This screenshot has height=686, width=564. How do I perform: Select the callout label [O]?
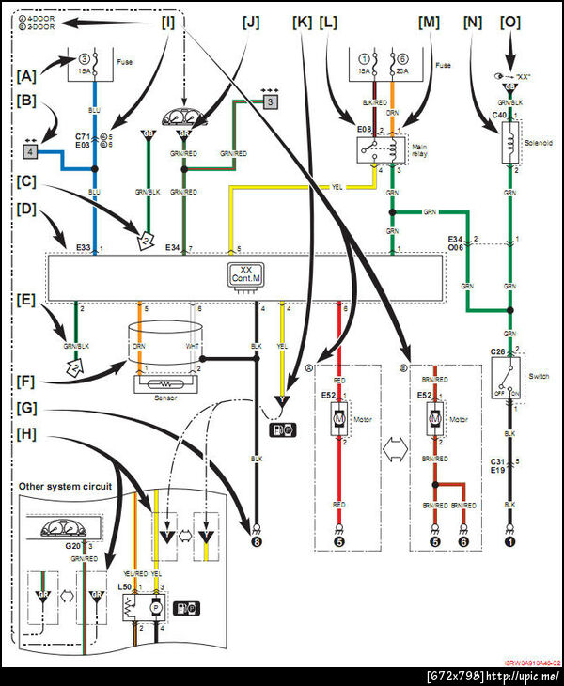pyautogui.click(x=510, y=20)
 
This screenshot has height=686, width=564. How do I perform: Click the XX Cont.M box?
pyautogui.click(x=244, y=273)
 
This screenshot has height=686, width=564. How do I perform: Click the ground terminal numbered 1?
pyautogui.click(x=509, y=540)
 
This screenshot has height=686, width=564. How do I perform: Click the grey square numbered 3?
pyautogui.click(x=270, y=101)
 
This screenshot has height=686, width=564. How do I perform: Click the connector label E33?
pyautogui.click(x=83, y=247)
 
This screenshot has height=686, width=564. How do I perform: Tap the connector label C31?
pyautogui.click(x=498, y=461)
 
